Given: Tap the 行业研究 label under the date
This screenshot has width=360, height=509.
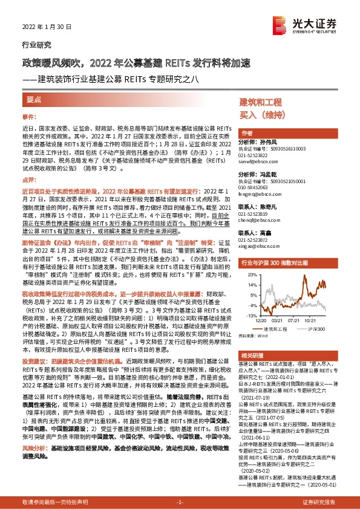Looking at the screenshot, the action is click(33, 45).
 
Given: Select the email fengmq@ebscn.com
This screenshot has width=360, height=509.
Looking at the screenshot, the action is click(255, 195).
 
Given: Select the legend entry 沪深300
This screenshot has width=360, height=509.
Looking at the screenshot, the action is click(315, 329).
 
